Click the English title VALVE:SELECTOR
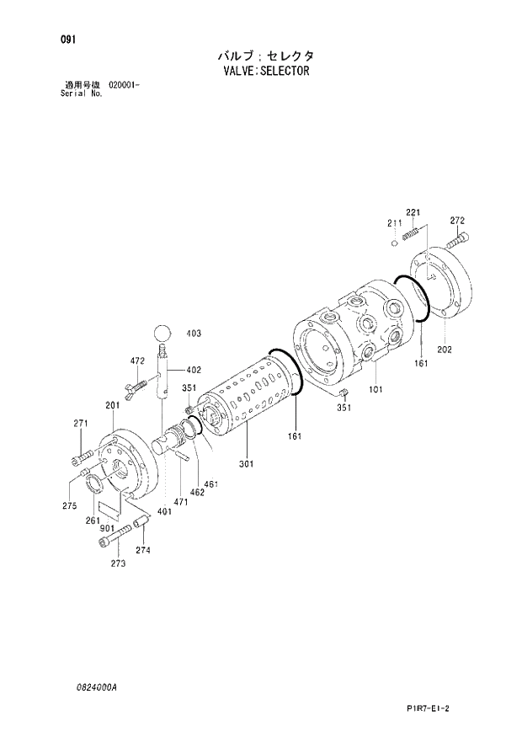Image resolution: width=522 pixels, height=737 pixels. [262, 71]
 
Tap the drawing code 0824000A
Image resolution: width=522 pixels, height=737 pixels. [94, 688]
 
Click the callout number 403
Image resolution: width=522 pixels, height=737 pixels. [194, 334]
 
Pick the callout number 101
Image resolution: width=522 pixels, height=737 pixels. [376, 390]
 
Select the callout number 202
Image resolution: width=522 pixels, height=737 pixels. [445, 349]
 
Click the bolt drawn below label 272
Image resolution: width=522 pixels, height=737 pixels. [456, 240]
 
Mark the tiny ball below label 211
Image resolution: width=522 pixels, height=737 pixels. [393, 243]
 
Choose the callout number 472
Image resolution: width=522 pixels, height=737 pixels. [136, 361]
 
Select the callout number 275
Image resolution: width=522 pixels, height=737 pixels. [70, 505]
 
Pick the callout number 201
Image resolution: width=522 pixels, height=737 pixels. [112, 406]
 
